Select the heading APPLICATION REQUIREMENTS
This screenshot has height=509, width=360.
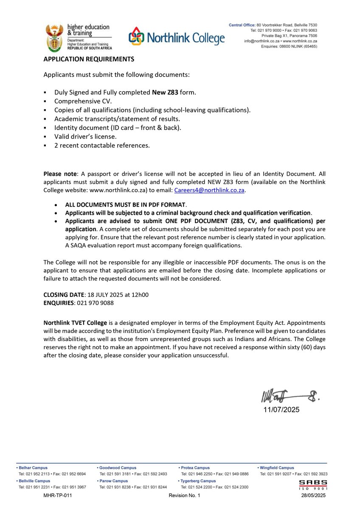[x=89, y=59]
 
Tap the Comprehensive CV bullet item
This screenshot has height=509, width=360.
[x=83, y=101]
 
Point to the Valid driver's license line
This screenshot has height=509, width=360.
[x=85, y=137]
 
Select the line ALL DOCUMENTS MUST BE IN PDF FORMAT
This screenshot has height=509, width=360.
[x=125, y=204]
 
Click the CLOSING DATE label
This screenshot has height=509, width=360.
[x=64, y=294]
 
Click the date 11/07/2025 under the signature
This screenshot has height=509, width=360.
[x=281, y=410]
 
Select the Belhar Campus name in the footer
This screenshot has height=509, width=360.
[x=34, y=468]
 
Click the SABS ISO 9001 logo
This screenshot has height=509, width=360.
[x=313, y=484]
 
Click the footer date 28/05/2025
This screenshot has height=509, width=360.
[x=313, y=495]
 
